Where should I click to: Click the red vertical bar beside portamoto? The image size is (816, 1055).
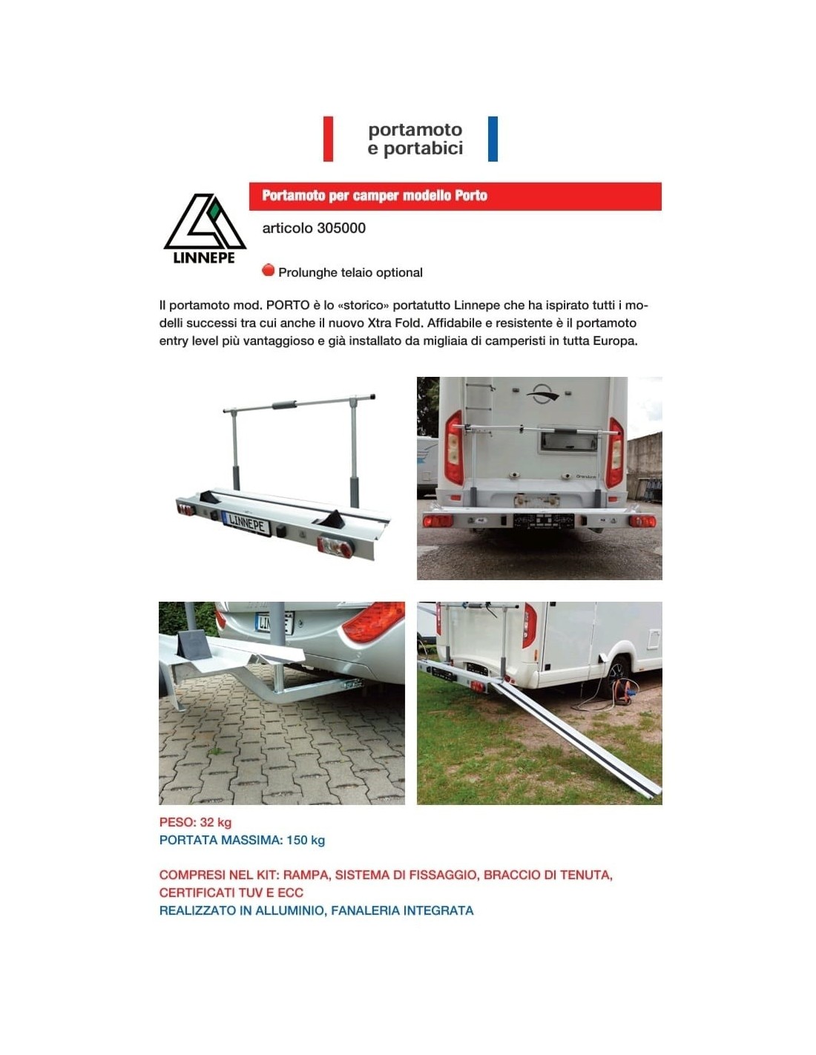pyautogui.click(x=328, y=139)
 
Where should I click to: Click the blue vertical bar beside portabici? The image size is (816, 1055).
pyautogui.click(x=493, y=139)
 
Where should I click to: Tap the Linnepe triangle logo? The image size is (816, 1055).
pyautogui.click(x=204, y=223)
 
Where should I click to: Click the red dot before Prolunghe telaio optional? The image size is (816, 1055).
pyautogui.click(x=269, y=271)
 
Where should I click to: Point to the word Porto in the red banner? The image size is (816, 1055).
pyautogui.click(x=471, y=196)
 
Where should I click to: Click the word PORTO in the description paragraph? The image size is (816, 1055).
pyautogui.click(x=288, y=305)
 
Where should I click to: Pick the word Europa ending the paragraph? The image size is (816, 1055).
pyautogui.click(x=614, y=341)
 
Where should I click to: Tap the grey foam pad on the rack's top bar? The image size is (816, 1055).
pyautogui.click(x=284, y=405)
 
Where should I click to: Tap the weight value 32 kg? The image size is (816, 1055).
pyautogui.click(x=216, y=822)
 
